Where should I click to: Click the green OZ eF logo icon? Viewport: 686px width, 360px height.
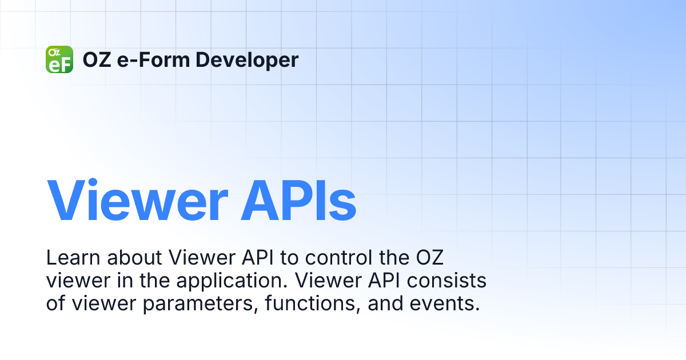[x=59, y=59]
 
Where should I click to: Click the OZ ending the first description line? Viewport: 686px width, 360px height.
[x=430, y=258]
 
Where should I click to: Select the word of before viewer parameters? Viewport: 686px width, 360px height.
[x=56, y=304]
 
